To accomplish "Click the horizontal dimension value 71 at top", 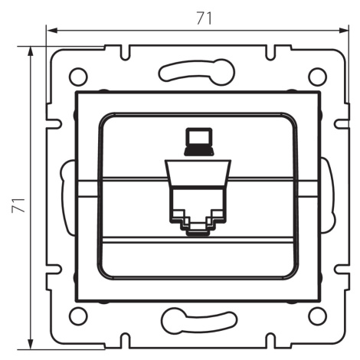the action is coord(205,18).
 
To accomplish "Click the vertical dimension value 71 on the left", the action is coord(18,205).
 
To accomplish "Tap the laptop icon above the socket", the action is coord(198,142).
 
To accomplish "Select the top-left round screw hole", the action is coord(78,77).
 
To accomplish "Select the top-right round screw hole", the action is coord(317,77).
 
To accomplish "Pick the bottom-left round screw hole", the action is coord(78,316).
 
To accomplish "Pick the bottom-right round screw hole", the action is coord(317,316).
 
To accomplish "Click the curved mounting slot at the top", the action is coord(197,72).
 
